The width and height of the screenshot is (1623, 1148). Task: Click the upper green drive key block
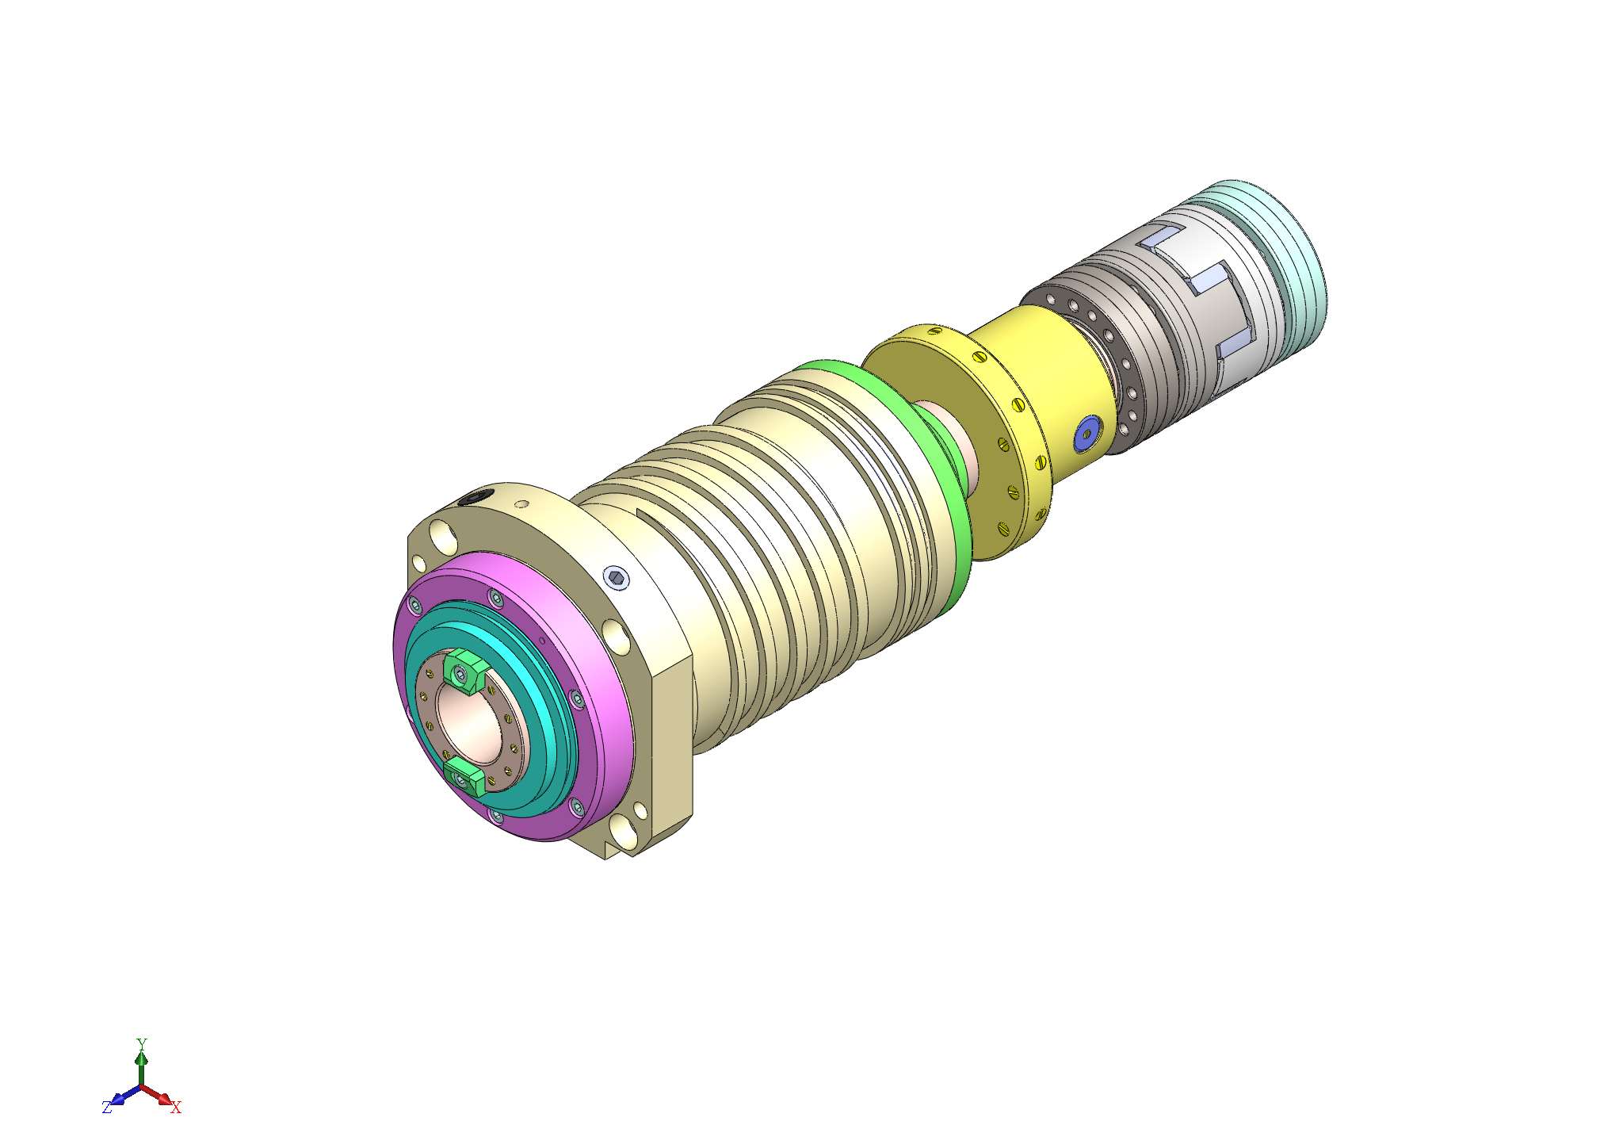[x=464, y=671]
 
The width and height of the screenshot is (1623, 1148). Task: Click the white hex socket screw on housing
[x=617, y=577]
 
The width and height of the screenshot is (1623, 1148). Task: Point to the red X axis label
[x=176, y=1108]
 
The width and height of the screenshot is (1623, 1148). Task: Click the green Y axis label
[x=141, y=1043]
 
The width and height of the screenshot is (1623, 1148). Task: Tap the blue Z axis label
[x=106, y=1108]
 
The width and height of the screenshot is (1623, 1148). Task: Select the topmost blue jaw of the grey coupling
[x=1163, y=235]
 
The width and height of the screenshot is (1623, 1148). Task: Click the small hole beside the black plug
[x=521, y=503]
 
